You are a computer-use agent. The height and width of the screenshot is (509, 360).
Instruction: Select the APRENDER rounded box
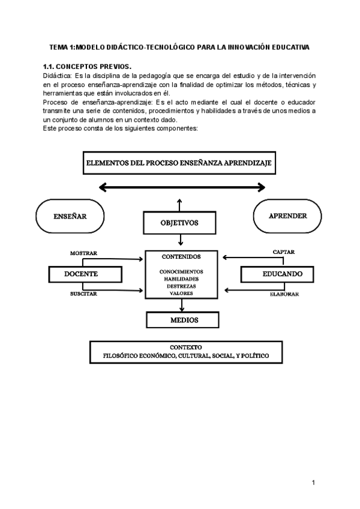pyautogui.click(x=288, y=216)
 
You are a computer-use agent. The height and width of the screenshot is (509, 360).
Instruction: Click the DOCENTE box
pyautogui.click(x=81, y=274)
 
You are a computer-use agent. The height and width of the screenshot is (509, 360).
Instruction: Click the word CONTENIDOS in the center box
pyautogui.click(x=181, y=256)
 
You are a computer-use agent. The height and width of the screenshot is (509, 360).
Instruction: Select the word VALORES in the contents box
pyautogui.click(x=181, y=294)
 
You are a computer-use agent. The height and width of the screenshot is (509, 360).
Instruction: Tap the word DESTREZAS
pyautogui.click(x=181, y=286)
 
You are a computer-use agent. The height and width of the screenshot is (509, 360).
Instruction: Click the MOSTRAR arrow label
pyautogui.click(x=83, y=253)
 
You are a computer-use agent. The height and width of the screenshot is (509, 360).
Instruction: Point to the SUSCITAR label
pyautogui.click(x=83, y=294)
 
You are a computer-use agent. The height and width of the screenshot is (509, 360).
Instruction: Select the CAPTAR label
pyautogui.click(x=283, y=252)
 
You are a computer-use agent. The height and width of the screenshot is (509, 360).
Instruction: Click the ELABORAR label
pyautogui.click(x=283, y=295)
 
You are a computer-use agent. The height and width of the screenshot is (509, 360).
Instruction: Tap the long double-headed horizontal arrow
pyautogui.click(x=182, y=188)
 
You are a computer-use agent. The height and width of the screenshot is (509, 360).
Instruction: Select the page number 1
pyautogui.click(x=313, y=483)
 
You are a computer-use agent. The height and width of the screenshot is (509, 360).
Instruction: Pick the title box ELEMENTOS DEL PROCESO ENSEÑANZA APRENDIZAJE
pyautogui.click(x=179, y=163)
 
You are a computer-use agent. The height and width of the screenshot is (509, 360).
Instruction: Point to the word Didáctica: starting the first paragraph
pyautogui.click(x=57, y=76)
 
